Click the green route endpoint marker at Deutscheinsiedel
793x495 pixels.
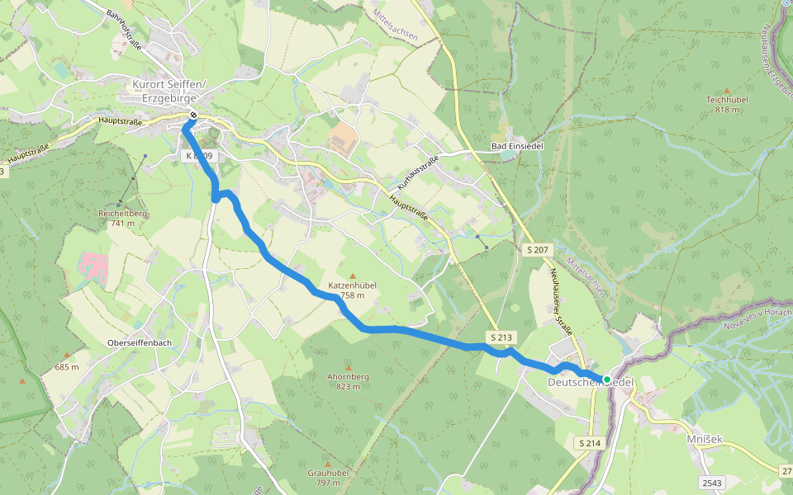(607, 379)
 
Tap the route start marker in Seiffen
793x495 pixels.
(192, 115)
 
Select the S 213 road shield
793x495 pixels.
(501, 337)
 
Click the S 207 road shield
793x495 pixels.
(537, 249)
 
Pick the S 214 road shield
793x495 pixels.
(590, 444)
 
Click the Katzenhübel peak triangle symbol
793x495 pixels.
(353, 276)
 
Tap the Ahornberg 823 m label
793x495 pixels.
(348, 381)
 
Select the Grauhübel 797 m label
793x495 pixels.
(325, 477)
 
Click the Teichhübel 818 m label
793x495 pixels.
(727, 104)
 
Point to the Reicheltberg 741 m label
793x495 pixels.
(121, 218)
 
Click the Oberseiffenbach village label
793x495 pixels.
(140, 342)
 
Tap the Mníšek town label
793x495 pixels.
(704, 440)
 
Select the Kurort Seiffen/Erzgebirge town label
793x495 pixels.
(169, 90)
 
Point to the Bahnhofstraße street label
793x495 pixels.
(125, 31)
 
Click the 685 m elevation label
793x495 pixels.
(67, 367)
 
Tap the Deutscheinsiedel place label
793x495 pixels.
(591, 383)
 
